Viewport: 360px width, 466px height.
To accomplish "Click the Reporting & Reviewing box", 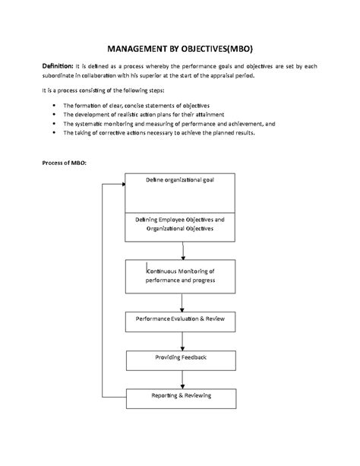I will point(180,396).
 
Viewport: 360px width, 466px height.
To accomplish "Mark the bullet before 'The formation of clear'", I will point(50,105).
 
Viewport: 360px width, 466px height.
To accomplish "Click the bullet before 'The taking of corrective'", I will point(50,132).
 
